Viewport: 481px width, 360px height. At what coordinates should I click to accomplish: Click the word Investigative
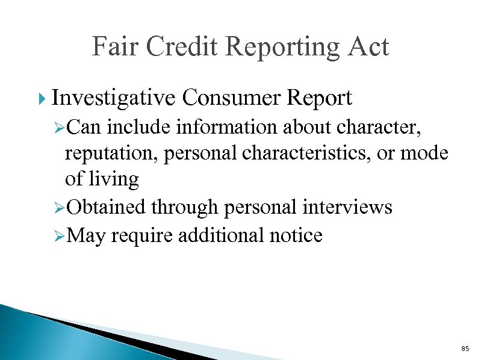coord(114,98)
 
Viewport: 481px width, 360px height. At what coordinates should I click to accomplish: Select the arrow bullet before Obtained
coord(58,208)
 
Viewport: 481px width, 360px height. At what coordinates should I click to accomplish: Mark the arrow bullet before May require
coord(58,236)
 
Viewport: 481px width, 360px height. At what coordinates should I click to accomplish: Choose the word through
coord(184,208)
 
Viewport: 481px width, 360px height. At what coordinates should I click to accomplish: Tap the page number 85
coord(464,349)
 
